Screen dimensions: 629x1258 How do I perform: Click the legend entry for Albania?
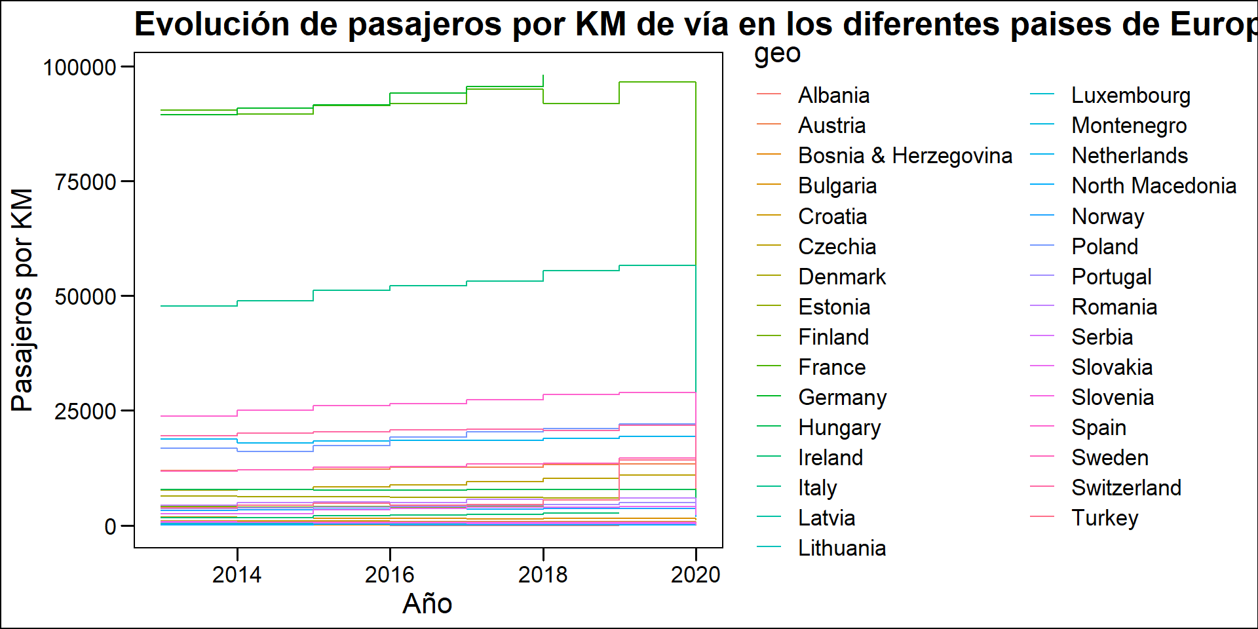coord(833,96)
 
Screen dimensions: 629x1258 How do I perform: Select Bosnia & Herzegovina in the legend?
coord(905,156)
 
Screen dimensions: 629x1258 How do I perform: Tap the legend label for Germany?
coord(842,398)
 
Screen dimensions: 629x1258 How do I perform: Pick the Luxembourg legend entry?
coord(1130,96)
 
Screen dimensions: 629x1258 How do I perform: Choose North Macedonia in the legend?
coord(1153,186)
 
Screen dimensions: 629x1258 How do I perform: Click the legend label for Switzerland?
coord(1126,488)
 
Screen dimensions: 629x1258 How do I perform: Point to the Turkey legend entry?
coord(1105,518)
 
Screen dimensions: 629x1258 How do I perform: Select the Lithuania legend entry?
coord(841,548)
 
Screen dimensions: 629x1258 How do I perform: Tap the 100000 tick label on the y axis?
coord(79,67)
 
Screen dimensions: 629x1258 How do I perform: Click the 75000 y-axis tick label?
coord(86,182)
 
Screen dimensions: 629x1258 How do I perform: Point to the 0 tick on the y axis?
coord(110,527)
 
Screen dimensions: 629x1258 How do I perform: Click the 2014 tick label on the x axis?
coord(237,575)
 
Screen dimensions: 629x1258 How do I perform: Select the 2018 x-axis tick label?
coord(543,575)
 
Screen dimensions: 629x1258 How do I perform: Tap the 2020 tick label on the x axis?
coord(695,575)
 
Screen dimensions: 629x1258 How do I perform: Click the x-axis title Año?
coord(427,603)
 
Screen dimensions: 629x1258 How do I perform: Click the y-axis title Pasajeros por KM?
coord(22,300)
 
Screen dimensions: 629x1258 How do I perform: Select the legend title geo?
coord(777,54)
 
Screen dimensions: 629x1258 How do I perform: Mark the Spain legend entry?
coord(1098,428)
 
